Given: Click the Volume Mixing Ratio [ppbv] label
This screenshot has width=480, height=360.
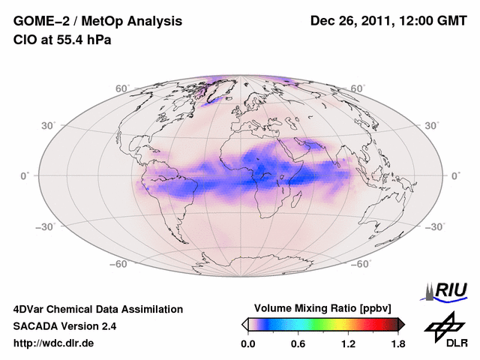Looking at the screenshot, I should coord(322,308).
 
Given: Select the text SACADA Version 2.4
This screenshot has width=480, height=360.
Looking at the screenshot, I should coord(65,326).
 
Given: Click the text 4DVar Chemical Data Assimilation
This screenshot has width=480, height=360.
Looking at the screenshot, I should coord(98,309).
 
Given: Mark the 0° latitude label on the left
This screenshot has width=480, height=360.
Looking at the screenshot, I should coord(25,175).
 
